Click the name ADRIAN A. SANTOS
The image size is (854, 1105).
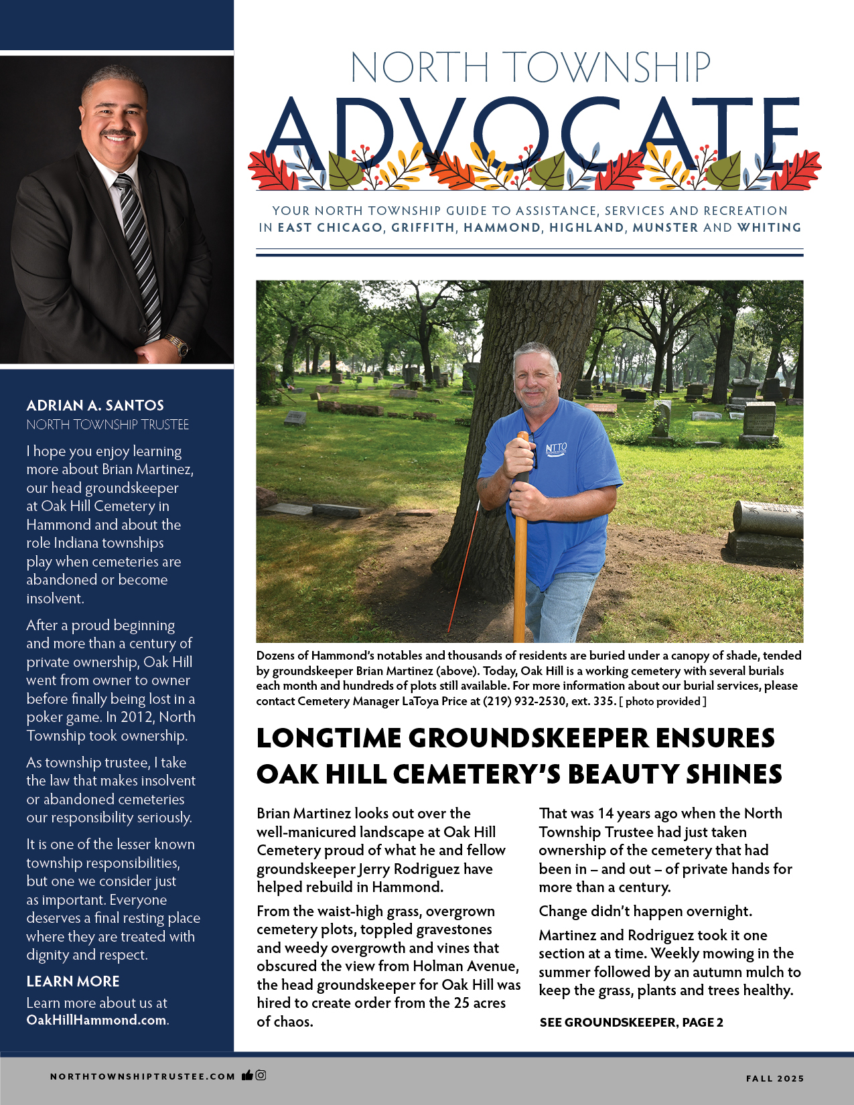tap(95, 405)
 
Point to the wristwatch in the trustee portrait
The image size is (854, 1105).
tap(178, 346)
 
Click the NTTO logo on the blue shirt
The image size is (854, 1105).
tap(556, 449)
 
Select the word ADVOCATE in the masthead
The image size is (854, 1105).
tap(532, 134)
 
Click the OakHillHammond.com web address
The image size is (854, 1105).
tap(96, 1020)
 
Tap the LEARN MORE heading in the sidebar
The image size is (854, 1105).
tap(73, 981)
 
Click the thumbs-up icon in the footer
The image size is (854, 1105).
tap(247, 1076)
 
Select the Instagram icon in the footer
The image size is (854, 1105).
tap(261, 1076)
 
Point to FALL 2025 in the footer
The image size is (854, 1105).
tap(775, 1078)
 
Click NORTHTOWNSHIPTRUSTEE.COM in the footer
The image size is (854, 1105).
tap(143, 1077)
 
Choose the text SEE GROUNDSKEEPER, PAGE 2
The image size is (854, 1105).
tap(631, 1023)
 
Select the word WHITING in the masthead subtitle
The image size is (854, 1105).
tap(769, 228)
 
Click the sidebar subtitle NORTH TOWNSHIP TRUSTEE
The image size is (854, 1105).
tap(108, 425)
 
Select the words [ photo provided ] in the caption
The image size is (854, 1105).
tap(662, 701)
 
